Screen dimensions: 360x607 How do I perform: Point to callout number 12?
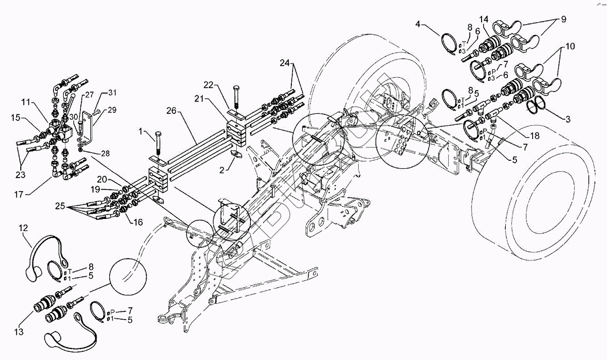(24, 228)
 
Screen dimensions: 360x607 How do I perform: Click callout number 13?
(19, 332)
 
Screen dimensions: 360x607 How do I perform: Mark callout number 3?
(568, 119)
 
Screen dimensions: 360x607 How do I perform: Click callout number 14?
(484, 19)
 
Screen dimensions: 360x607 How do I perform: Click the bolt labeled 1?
(158, 145)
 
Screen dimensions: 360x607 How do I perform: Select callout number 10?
(570, 46)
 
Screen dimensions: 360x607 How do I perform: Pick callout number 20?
(102, 179)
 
